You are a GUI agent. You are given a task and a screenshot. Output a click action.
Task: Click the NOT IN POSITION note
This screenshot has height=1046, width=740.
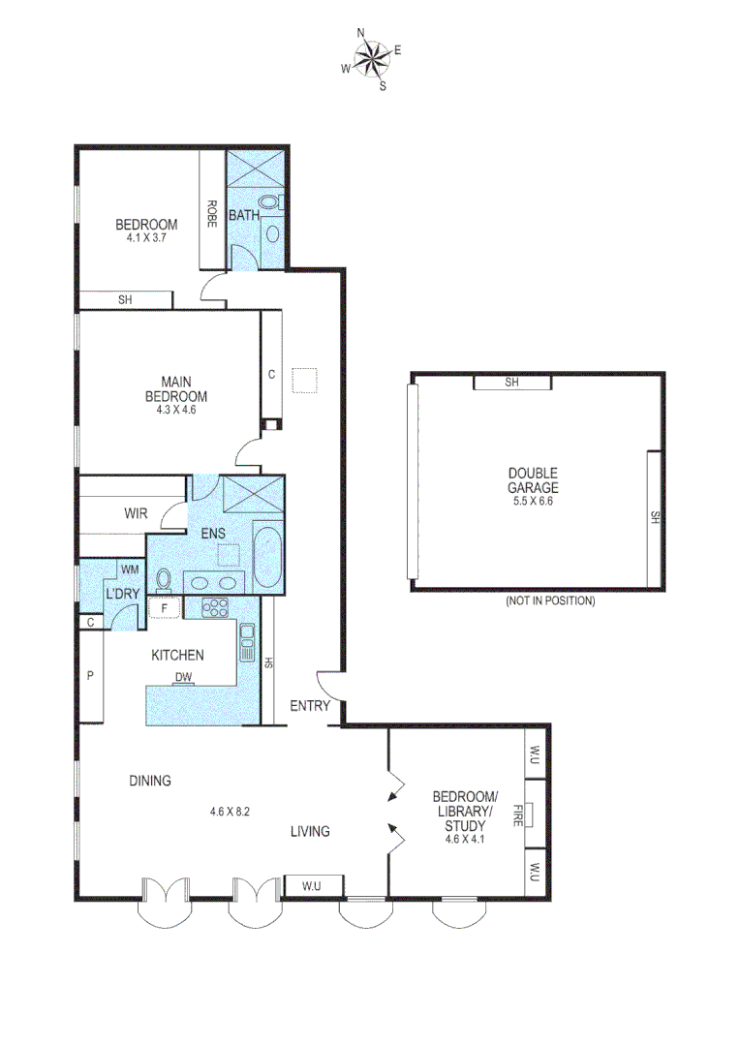click(x=549, y=600)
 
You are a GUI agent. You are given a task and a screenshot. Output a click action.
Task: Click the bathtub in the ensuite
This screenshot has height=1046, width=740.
click(x=266, y=558)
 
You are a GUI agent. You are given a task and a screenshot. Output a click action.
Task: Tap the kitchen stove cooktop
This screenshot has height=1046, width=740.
click(x=214, y=609)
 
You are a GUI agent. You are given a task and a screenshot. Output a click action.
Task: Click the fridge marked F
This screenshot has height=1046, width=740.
click(x=166, y=609)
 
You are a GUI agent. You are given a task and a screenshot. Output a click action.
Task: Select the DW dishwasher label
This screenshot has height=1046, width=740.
click(x=183, y=678)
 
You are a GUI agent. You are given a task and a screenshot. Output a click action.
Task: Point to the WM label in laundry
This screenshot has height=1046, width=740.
click(x=130, y=569)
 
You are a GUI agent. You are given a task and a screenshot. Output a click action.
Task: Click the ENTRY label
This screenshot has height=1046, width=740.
click(x=311, y=706)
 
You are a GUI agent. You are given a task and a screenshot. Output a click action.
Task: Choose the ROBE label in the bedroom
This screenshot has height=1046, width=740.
click(x=211, y=212)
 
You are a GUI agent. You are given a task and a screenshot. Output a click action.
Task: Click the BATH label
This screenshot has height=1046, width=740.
click(x=243, y=215)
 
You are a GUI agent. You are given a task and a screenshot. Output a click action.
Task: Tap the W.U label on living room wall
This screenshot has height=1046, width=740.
click(x=311, y=883)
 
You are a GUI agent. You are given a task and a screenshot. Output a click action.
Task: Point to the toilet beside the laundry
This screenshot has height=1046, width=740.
click(x=164, y=580)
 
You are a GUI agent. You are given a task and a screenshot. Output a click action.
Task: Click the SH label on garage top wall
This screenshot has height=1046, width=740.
click(x=512, y=383)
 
